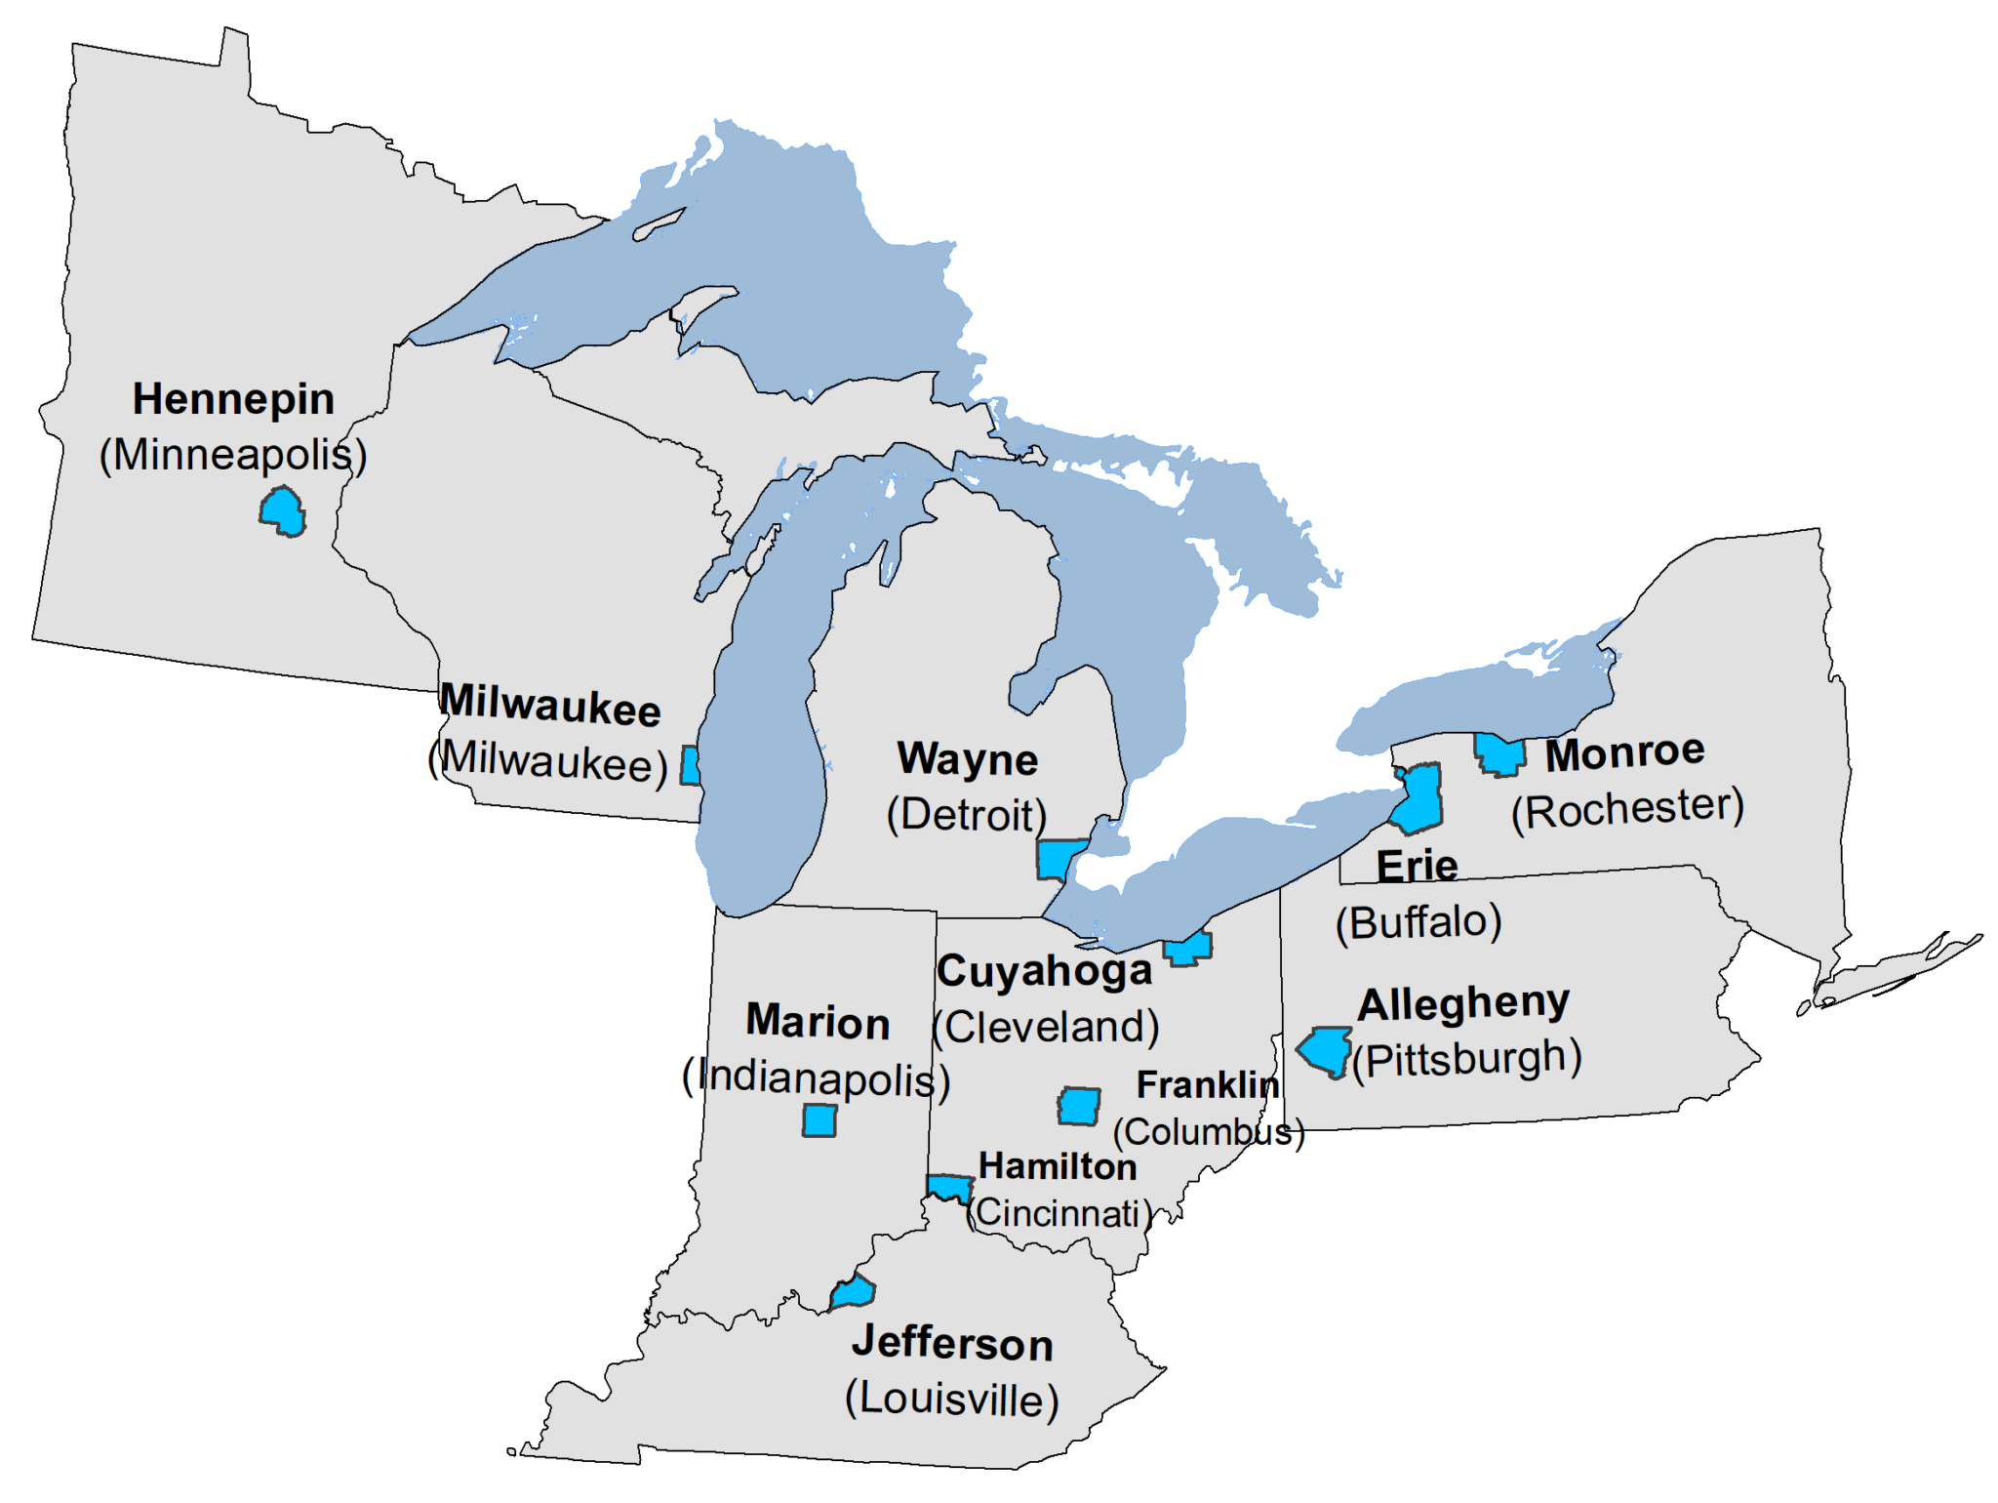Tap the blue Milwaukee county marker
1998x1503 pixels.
690,764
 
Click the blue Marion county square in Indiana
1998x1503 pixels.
819,1119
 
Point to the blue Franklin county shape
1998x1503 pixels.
1079,1106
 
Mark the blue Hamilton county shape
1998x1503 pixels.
948,1188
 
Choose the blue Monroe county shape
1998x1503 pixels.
1498,754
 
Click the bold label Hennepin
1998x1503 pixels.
233,399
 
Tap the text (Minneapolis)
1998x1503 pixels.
233,455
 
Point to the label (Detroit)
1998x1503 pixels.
966,814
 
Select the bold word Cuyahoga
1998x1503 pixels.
1044,970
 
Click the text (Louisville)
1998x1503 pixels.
951,1399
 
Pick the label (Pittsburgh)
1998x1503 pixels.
1466,1059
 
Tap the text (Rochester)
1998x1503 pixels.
1627,808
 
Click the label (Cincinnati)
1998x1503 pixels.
1059,1213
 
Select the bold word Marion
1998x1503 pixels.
818,1021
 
